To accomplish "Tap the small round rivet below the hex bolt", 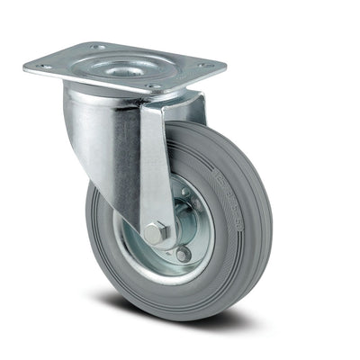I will (184, 254).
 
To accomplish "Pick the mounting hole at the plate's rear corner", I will (96, 47).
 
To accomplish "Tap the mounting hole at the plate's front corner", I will (152, 86).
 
